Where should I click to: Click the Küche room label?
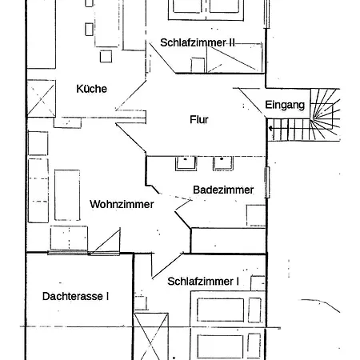point(91,89)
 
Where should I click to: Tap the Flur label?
point(199,119)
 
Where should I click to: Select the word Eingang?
point(285,105)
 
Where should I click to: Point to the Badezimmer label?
point(223,190)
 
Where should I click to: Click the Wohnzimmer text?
point(122,204)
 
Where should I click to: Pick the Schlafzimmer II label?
point(198,42)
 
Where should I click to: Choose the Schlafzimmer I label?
point(203,282)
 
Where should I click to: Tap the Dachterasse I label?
point(75,296)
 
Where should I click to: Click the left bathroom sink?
point(186,163)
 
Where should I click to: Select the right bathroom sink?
point(223,163)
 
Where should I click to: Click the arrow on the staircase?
point(270,129)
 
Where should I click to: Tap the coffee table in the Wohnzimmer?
point(67,195)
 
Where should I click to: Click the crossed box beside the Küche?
point(41,98)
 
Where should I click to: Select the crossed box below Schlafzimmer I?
point(151,337)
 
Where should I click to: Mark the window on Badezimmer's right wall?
point(267,182)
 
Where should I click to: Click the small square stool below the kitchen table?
point(106,56)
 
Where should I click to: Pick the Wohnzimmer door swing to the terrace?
point(106,241)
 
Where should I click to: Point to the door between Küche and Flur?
point(130,95)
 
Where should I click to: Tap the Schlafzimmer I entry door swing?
point(167,266)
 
